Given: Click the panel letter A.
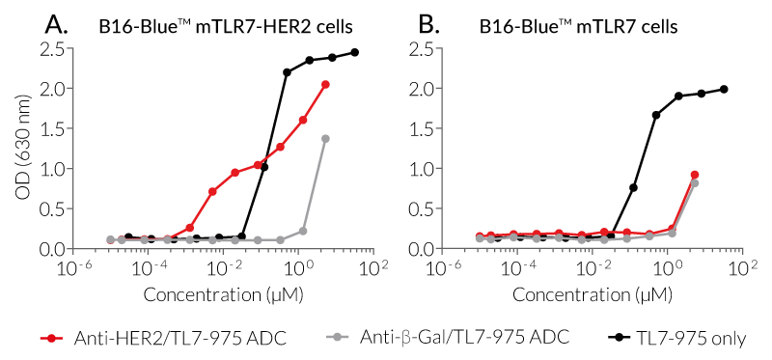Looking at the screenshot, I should pos(57,25).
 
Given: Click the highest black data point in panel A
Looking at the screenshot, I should pos(354,52).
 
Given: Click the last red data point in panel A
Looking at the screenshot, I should pos(326,85).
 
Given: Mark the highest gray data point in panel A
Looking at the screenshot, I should pos(326,139).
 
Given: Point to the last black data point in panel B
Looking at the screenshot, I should pos(724,89).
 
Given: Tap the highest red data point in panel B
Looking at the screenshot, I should pos(695,175).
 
